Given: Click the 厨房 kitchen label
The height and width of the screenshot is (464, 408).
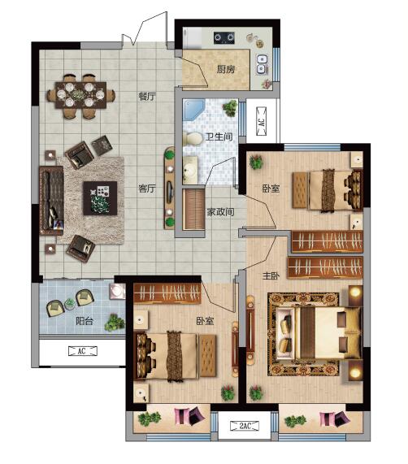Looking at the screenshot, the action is [226, 69].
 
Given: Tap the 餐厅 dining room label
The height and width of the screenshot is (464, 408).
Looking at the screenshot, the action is [147, 97].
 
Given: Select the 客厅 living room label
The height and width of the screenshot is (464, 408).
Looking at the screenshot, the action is [147, 189].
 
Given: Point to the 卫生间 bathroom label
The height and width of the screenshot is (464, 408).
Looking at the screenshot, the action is [219, 137].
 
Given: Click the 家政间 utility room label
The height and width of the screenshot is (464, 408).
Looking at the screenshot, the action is [220, 212].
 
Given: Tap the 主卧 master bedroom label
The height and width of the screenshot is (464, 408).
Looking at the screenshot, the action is [271, 275].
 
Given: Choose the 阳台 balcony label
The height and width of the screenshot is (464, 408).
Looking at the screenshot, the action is [85, 321].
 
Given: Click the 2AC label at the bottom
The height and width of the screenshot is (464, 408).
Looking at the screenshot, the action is [245, 426].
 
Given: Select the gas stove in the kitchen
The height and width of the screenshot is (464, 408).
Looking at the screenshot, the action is [224, 38].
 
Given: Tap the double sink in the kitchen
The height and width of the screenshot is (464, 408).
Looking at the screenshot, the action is [262, 64].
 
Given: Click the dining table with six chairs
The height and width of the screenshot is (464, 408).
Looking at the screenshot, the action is [80, 95].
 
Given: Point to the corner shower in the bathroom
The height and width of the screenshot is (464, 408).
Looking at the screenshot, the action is [193, 110].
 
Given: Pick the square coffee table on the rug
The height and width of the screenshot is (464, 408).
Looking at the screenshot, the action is [100, 198].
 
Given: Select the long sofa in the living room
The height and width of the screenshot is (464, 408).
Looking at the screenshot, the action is [51, 201].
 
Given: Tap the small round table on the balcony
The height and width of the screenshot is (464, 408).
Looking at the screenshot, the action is [70, 304].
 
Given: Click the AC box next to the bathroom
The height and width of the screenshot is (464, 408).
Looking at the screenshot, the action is [261, 121].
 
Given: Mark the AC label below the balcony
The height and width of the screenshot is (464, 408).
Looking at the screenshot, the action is [83, 351].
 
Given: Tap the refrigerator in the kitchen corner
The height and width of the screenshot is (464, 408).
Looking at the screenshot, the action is [193, 38].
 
